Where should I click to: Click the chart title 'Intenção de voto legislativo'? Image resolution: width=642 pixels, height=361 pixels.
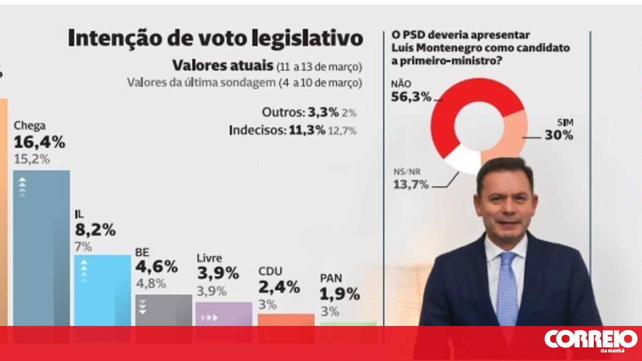[x=215, y=39]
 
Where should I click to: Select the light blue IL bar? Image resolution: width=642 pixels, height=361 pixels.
[x=102, y=290]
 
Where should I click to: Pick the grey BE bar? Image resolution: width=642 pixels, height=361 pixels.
[x=164, y=310]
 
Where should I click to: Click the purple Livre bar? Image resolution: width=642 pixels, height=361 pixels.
[x=224, y=314]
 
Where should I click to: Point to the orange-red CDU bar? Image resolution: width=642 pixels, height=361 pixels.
[x=286, y=320]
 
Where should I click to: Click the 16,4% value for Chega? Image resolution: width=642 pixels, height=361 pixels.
[x=39, y=143]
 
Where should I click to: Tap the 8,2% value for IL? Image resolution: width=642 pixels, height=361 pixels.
[x=95, y=230]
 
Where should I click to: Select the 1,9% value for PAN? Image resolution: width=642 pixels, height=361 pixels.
[x=340, y=294]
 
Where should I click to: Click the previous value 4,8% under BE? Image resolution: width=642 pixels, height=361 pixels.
[x=150, y=283]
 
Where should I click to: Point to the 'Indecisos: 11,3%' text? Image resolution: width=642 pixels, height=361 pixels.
[x=277, y=131]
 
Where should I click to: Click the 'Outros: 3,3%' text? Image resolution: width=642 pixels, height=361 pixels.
[x=300, y=113]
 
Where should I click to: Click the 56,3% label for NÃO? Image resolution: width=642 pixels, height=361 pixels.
[x=411, y=97]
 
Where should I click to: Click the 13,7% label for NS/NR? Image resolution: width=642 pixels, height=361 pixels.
[x=411, y=185]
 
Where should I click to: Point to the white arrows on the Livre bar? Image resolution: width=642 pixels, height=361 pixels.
[x=210, y=317]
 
